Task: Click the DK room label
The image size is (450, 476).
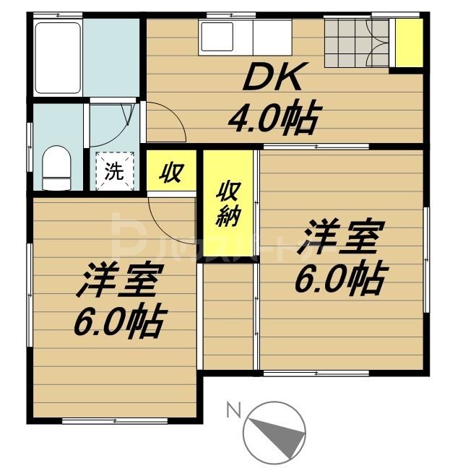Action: (x=273, y=78)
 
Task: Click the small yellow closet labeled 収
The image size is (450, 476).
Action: (x=170, y=173)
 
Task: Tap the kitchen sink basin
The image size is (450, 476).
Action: (x=217, y=36)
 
